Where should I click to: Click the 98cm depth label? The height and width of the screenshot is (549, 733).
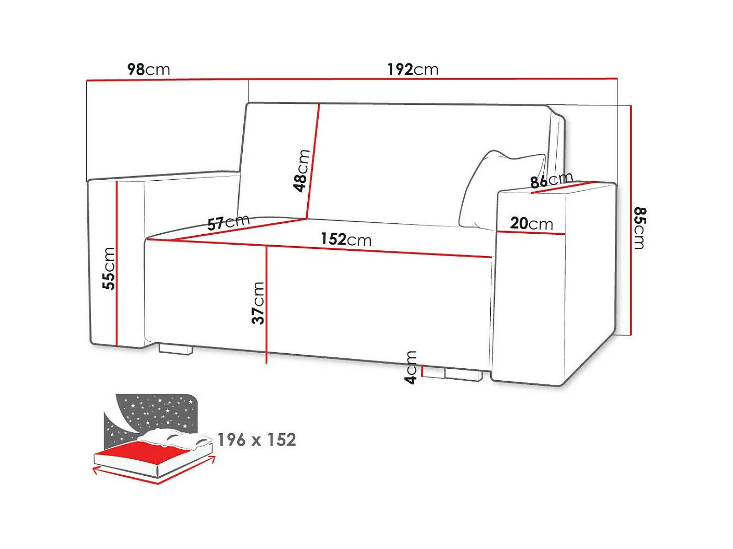pyautogui.click(x=149, y=69)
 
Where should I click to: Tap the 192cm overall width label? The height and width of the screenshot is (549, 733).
pyautogui.click(x=412, y=69)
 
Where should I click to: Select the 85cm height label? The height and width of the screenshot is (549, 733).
pyautogui.click(x=640, y=227)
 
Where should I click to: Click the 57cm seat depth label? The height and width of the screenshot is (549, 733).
pyautogui.click(x=228, y=222)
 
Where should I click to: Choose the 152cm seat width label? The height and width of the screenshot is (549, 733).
pyautogui.click(x=346, y=239)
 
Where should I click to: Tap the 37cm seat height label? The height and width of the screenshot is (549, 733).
pyautogui.click(x=258, y=303)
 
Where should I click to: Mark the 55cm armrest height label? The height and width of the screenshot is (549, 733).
pyautogui.click(x=109, y=268)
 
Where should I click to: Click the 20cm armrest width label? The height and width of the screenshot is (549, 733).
pyautogui.click(x=531, y=223)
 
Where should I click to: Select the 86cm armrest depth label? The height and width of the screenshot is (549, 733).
pyautogui.click(x=551, y=180)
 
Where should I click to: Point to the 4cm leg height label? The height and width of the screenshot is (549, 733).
pyautogui.click(x=411, y=367)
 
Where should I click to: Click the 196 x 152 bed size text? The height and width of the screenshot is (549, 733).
pyautogui.click(x=257, y=440)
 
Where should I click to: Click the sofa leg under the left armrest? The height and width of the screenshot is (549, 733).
pyautogui.click(x=176, y=349)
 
